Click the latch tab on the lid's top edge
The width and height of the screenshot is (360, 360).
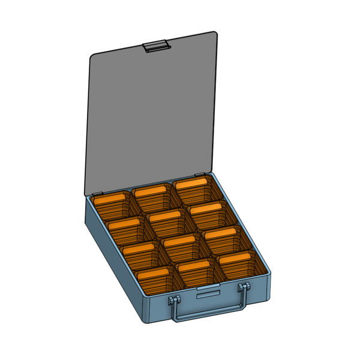point(156,46)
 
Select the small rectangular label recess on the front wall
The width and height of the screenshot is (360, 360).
point(208,294)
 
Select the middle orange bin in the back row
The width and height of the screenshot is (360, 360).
point(153,198)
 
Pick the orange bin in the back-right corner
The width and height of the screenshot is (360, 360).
point(194,189)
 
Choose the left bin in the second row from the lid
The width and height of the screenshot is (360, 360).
point(126,230)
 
